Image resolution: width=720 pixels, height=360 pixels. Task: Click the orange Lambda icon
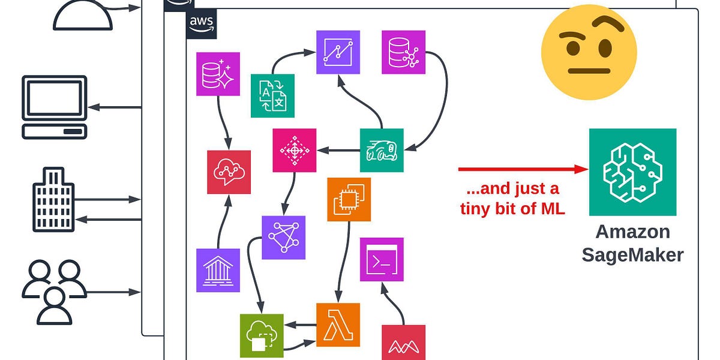point(338,325)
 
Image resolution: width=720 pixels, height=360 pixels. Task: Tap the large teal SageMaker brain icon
point(632,172)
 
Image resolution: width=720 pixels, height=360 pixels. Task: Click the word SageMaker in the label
point(632,255)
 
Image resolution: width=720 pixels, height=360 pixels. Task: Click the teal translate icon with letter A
point(272,95)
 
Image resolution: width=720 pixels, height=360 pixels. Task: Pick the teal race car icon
point(382,150)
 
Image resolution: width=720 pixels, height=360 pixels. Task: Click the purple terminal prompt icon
point(382,259)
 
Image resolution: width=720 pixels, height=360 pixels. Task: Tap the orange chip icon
point(349,199)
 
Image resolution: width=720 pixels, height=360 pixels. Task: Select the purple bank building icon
point(218,270)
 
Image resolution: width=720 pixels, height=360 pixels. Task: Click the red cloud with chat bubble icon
point(229,172)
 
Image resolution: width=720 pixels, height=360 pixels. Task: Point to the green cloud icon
point(262,335)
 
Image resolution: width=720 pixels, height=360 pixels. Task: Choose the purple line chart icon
point(338,52)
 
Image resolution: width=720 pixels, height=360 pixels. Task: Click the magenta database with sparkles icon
point(218,74)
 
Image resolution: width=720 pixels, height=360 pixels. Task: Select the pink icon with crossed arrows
point(294,150)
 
